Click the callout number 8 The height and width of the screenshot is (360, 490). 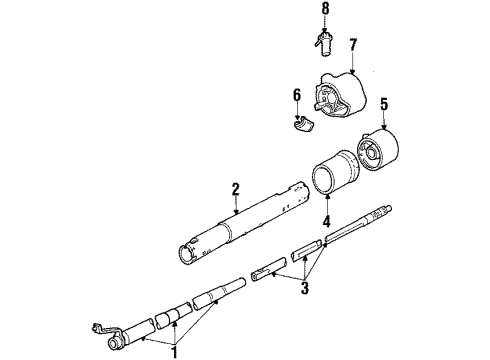(325, 9)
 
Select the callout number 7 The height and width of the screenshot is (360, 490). (353, 45)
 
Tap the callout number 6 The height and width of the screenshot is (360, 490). (297, 95)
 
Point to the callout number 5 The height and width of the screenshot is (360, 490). (384, 105)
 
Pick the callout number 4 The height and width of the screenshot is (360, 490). (326, 221)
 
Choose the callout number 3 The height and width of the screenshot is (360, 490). (305, 288)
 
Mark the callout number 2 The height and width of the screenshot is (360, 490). (236, 189)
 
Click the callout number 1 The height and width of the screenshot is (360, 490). (174, 352)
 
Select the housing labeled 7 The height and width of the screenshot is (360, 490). (340, 94)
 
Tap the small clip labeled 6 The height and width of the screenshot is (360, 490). (303, 124)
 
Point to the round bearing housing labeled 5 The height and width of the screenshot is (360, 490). (378, 150)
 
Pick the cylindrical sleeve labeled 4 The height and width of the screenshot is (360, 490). (336, 172)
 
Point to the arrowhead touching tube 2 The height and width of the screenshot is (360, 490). (236, 211)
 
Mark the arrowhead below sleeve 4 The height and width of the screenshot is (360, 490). (327, 196)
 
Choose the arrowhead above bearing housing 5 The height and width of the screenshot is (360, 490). (385, 127)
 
